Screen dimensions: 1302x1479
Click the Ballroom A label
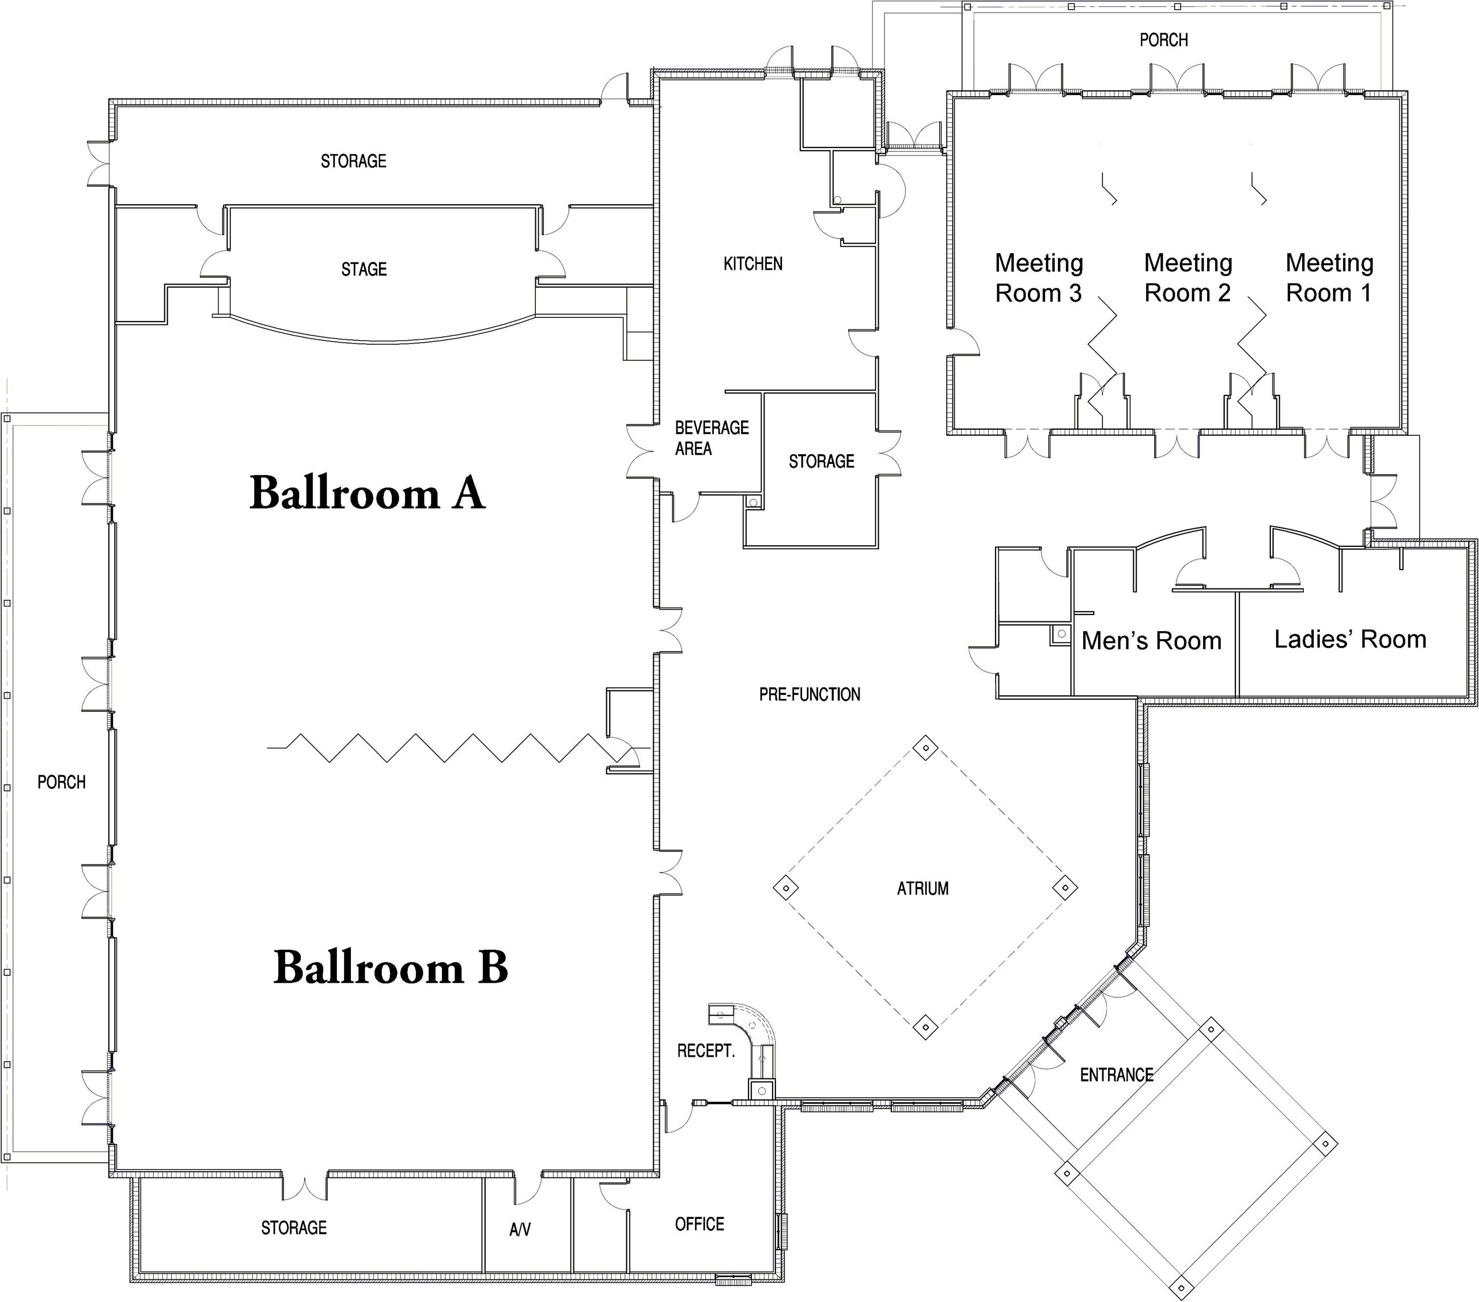(x=367, y=493)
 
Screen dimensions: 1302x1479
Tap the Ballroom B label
(x=391, y=967)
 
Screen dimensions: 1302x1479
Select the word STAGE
(x=364, y=269)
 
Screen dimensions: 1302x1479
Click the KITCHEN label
(x=753, y=263)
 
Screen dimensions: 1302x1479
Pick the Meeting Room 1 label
(x=1329, y=277)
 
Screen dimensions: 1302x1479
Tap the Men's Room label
(x=1151, y=641)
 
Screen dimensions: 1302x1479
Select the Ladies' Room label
(x=1350, y=639)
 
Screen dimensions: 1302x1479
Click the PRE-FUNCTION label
(x=809, y=695)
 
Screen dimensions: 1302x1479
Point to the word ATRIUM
(x=923, y=888)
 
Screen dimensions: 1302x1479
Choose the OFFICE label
(x=699, y=1224)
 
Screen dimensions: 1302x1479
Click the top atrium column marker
(x=925, y=748)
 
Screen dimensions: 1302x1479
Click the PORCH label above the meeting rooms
(x=1163, y=40)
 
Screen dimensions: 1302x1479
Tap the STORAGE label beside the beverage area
(x=821, y=461)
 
